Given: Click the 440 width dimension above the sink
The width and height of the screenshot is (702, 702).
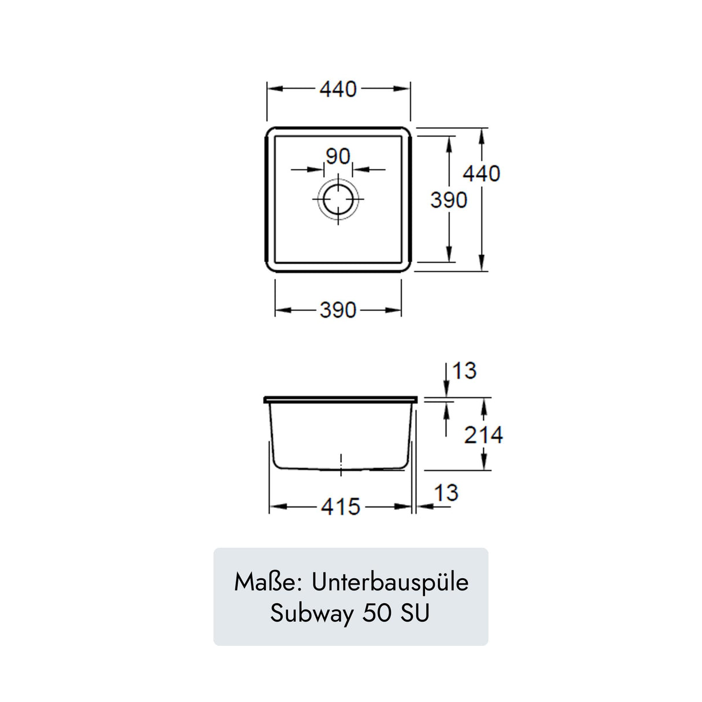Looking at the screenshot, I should [338, 89].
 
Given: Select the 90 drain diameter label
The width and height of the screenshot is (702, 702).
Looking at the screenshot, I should [338, 156].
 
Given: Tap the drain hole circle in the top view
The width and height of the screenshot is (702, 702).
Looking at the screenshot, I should [338, 199].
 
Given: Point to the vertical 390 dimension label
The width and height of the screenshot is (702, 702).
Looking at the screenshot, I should [448, 200].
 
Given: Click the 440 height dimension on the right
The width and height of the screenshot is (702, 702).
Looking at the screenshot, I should [481, 173].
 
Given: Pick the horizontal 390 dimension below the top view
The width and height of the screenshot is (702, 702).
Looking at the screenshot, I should [338, 311].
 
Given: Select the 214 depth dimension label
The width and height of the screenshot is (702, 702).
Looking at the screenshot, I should [483, 435].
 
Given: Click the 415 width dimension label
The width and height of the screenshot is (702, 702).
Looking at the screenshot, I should [341, 507].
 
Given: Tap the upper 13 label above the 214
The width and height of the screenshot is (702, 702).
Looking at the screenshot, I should [464, 371].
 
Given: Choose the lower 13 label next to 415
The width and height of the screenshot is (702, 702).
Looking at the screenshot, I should [446, 493].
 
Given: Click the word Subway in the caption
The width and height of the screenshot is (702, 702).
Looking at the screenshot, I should [312, 614].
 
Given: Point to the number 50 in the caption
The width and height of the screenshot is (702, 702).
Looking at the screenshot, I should [376, 613].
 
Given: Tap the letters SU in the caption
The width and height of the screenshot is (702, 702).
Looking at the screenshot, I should [415, 613].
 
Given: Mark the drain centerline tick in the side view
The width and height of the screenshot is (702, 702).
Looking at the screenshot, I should [341, 464].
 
